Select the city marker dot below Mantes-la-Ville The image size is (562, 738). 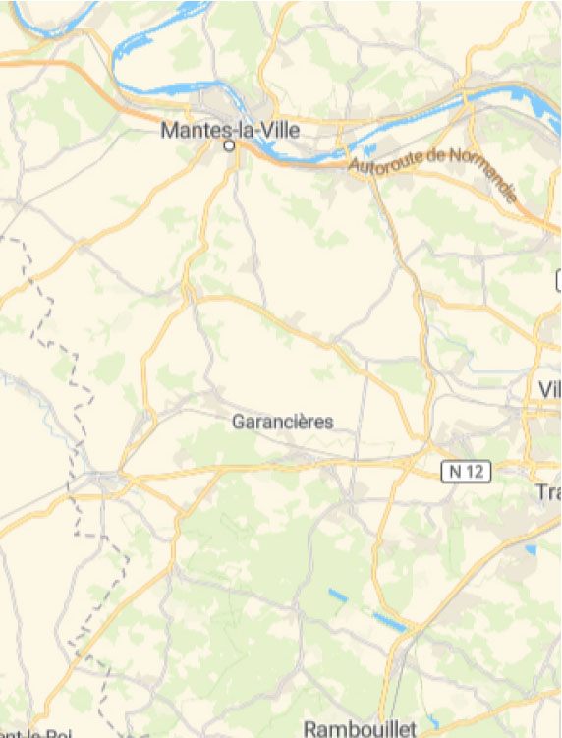coord(230,145)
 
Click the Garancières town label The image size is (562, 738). coord(283,422)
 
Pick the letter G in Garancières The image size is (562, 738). coord(238,422)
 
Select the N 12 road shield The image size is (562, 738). coord(465,472)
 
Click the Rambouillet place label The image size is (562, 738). coord(360,728)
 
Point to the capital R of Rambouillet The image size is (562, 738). coord(309,728)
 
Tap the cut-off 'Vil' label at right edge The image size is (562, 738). coord(549,389)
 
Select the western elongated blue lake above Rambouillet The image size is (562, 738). coord(338,595)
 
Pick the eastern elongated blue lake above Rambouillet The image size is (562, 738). coord(388,621)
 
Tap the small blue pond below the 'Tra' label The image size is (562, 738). coord(531,549)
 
